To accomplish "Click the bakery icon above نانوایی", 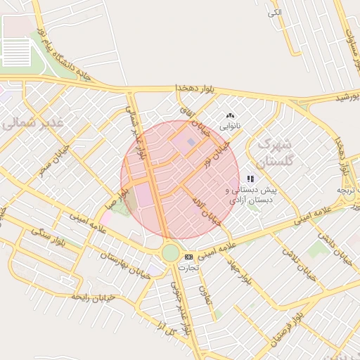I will tap(230, 116).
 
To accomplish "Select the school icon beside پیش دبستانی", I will tap(250, 179).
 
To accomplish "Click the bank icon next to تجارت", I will tap(188, 257).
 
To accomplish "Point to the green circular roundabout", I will tap(170, 252).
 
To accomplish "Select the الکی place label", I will tap(274, 13).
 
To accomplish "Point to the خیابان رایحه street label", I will tap(84, 297).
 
